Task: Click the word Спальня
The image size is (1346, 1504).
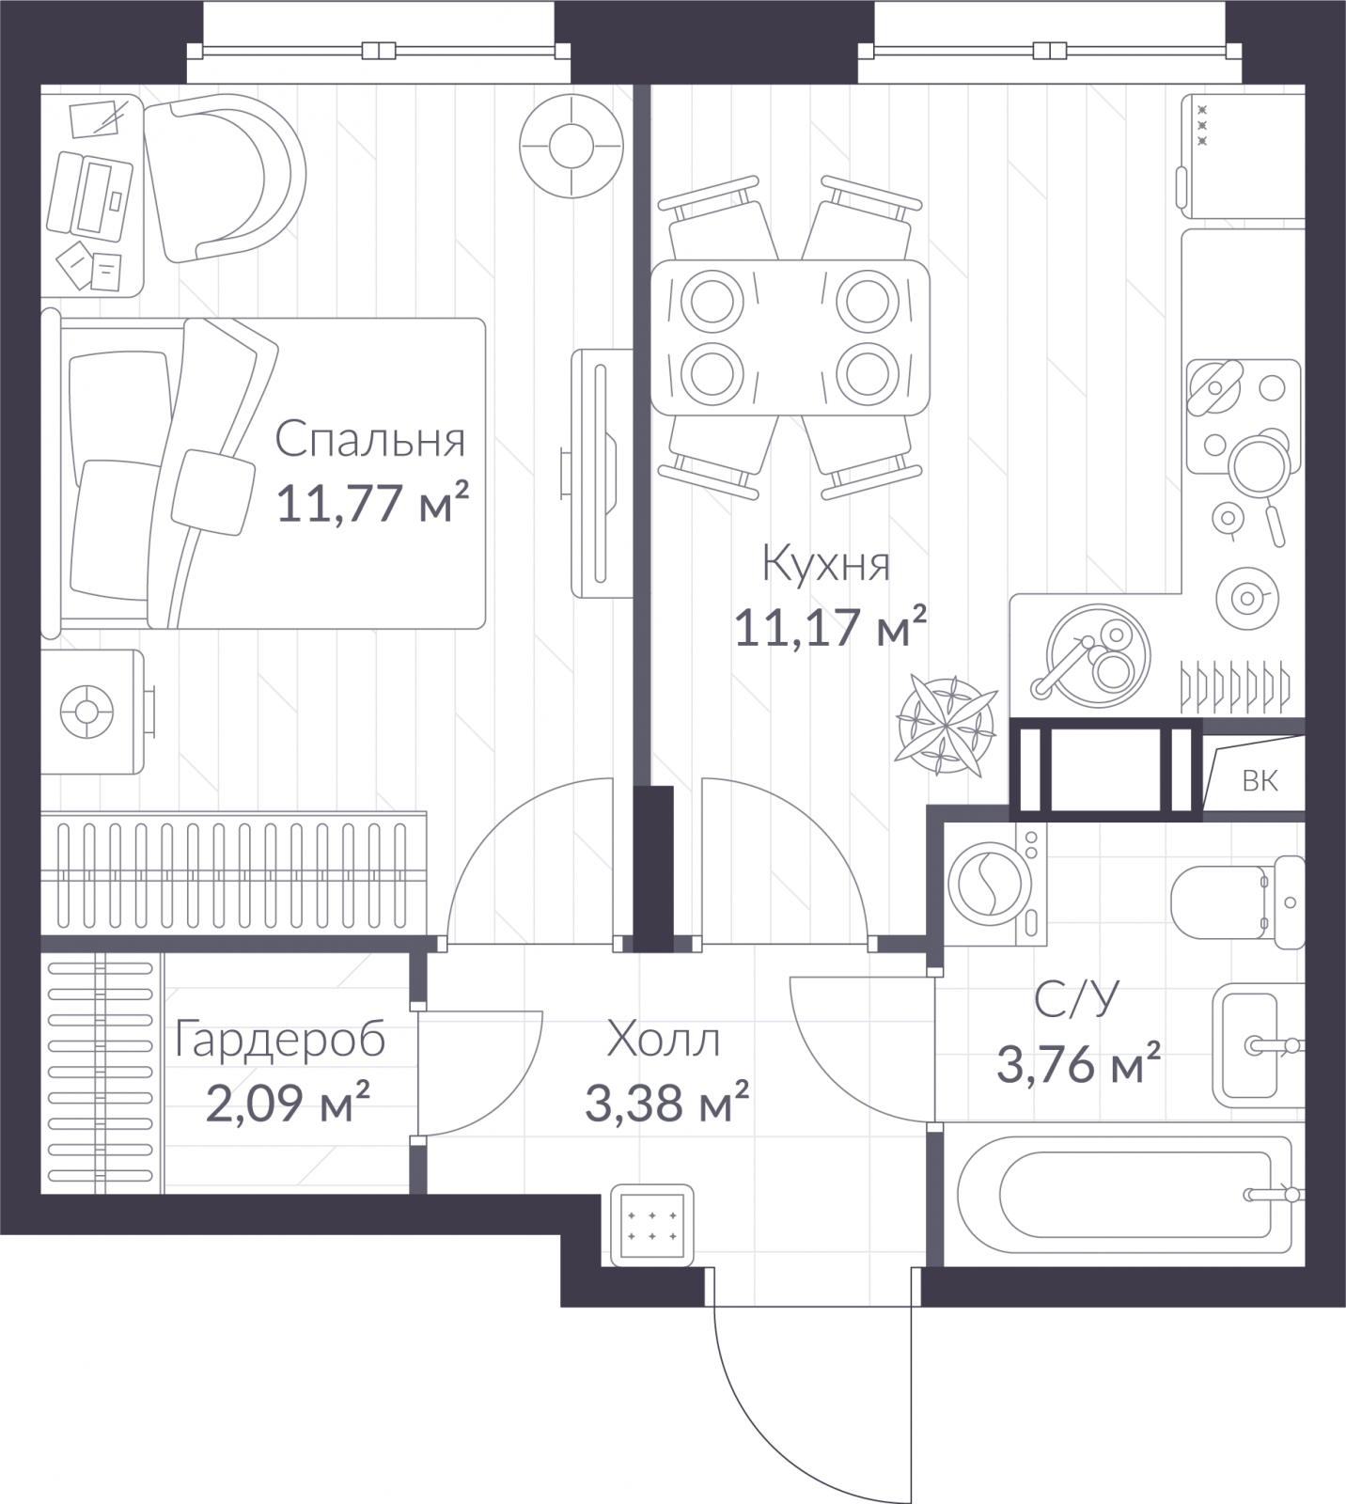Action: [x=371, y=440]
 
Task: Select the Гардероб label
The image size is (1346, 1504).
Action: [x=280, y=1041]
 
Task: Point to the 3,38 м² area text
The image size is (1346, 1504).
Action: [x=666, y=1101]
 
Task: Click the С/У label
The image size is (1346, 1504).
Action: [x=1077, y=1001]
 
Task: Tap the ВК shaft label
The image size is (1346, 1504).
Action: [x=1260, y=781]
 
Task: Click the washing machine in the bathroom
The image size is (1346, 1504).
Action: [x=994, y=885]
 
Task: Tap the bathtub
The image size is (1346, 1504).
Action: [x=1124, y=1195]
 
